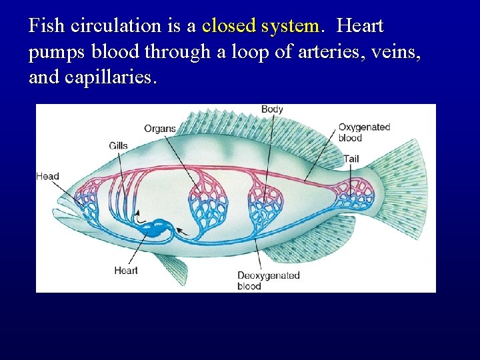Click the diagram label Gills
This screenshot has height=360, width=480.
coord(119,145)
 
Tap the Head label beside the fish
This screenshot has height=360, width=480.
coord(47,177)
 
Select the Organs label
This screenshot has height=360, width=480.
coord(160,129)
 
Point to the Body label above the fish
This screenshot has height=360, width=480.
coord(272,109)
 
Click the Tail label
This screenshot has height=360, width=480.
coord(351,159)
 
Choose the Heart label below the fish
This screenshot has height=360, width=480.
coord(125,270)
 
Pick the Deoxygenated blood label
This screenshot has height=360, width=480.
coord(269,281)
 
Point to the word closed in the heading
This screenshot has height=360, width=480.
coord(229,27)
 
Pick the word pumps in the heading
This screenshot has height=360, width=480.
coord(53,53)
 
